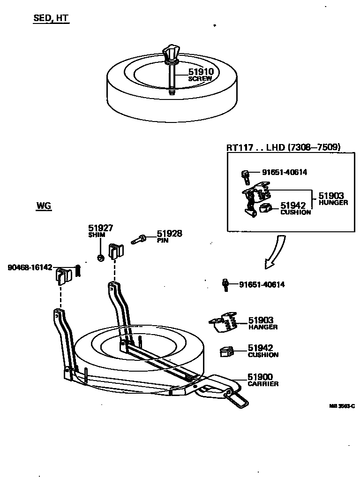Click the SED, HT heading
(x=51, y=19)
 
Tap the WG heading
(x=44, y=206)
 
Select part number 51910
(x=201, y=72)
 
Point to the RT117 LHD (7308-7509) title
(x=283, y=147)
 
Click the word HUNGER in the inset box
(x=333, y=203)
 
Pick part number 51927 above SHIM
(x=101, y=228)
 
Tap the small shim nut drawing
(x=100, y=258)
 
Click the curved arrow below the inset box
(x=275, y=253)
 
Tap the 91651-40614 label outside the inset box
(x=262, y=284)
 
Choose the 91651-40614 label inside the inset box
(x=284, y=172)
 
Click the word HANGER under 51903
(x=263, y=327)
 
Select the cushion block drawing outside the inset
(x=227, y=351)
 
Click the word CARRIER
(x=263, y=384)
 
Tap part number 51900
(x=260, y=377)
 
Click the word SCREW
(x=200, y=79)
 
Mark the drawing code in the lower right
(x=342, y=406)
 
